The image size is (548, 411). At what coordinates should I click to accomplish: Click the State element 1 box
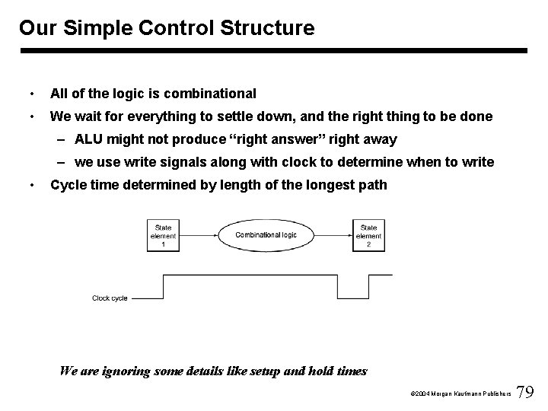point(163,236)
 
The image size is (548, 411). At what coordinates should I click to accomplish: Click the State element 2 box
point(368,236)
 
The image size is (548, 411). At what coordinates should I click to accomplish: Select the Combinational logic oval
point(266,236)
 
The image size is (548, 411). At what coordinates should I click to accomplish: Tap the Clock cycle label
point(110,298)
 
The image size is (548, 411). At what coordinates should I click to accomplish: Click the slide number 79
point(525,392)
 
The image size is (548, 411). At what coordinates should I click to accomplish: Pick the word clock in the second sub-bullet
point(292,162)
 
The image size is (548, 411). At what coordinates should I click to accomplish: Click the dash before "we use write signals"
point(59,162)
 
